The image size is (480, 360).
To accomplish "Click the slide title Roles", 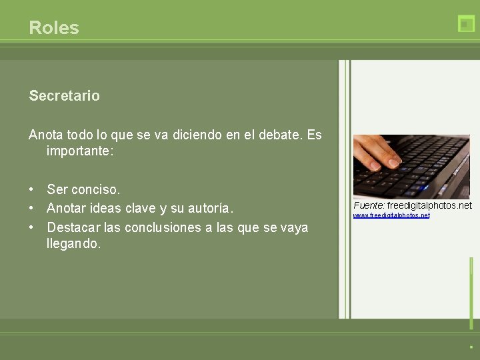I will (x=54, y=28).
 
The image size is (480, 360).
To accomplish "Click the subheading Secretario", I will (x=64, y=96).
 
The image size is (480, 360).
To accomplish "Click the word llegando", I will (x=73, y=244).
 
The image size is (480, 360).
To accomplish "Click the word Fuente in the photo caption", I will (x=368, y=205).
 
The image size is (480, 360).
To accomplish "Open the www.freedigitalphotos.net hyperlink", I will (x=391, y=215).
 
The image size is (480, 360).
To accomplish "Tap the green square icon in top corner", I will (x=466, y=24).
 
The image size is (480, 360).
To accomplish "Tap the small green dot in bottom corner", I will (x=471, y=347).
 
